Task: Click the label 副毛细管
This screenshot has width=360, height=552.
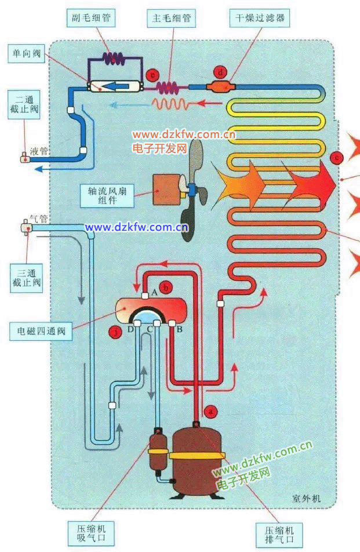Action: (91, 17)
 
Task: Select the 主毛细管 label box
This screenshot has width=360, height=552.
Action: (172, 17)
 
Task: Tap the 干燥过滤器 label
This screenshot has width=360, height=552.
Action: (260, 17)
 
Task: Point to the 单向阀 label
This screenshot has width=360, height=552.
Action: (27, 53)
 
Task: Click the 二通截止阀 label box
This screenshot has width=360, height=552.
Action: (24, 104)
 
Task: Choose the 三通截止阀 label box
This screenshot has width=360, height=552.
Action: (27, 278)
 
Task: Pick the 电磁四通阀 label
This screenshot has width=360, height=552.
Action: (41, 331)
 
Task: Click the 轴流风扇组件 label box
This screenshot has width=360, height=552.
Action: (107, 196)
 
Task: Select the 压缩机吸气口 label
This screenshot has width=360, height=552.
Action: (91, 533)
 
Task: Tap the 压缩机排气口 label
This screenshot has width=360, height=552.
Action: (279, 535)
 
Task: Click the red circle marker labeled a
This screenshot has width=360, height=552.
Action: (211, 411)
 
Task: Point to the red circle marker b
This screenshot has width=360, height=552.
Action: (166, 288)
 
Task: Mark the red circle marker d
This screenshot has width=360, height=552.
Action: (220, 72)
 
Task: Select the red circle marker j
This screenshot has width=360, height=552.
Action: (115, 332)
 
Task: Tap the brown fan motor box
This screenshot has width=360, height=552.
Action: (166, 190)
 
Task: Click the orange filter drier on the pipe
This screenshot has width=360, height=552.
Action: (220, 86)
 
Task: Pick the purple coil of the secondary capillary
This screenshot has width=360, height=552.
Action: (113, 59)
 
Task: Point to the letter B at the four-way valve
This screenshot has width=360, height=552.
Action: (179, 329)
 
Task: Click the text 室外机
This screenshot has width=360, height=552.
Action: (307, 498)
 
